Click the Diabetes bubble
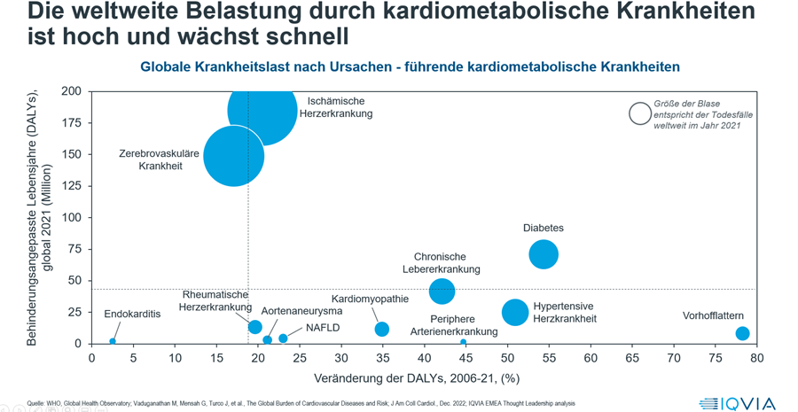point(544,255)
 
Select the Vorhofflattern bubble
point(743,334)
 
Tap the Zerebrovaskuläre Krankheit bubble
point(233,156)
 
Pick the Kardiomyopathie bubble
point(382,330)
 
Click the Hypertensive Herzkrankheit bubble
point(515,312)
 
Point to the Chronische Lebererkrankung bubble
point(442,291)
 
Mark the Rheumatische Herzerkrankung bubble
point(255,327)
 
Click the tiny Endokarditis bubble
point(113,341)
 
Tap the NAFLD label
point(322,327)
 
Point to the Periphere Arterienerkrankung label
point(453,325)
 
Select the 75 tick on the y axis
point(74,249)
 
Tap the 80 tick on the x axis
point(756,358)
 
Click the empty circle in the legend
point(639,113)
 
